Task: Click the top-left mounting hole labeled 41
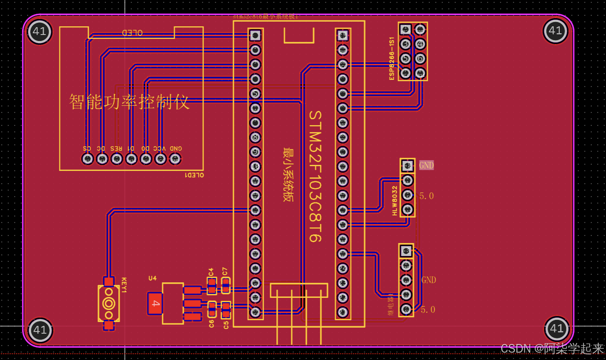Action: tap(39, 32)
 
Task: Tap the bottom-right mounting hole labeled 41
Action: tap(556, 329)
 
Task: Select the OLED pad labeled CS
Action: tap(87, 159)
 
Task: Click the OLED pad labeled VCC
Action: tap(161, 159)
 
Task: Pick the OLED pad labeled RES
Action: tap(116, 159)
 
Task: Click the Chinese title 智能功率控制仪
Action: tap(129, 102)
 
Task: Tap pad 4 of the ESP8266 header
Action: tap(420, 44)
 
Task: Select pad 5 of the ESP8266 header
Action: tap(405, 58)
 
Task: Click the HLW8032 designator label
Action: tap(395, 201)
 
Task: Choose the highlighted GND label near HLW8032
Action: tap(426, 165)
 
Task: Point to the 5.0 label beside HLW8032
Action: tap(426, 196)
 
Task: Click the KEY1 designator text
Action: tap(124, 285)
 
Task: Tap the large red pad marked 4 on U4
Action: tap(155, 303)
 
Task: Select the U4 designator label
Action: tap(152, 278)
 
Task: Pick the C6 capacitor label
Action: tap(211, 324)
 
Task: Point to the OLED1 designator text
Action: tap(194, 175)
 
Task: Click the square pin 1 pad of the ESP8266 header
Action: tap(405, 29)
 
